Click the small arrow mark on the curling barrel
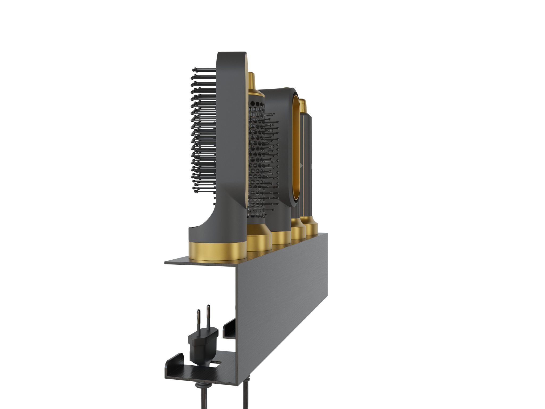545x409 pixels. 301,165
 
